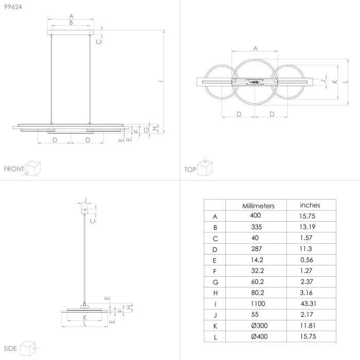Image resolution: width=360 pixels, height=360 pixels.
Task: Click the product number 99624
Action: point(13,7)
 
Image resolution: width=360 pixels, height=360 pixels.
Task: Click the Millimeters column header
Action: point(258,206)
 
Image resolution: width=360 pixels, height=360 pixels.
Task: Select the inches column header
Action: point(310,205)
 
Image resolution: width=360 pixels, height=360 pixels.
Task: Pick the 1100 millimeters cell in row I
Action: point(258,303)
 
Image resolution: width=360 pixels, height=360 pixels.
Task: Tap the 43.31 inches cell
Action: point(309,303)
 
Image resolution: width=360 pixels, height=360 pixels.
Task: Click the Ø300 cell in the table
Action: point(259,326)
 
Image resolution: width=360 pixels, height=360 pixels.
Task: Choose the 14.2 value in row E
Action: point(257,260)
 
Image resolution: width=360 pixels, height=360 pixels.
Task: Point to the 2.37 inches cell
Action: point(307,281)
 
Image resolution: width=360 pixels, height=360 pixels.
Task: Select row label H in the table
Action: point(215,293)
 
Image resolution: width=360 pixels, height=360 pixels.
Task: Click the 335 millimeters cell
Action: point(257,227)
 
